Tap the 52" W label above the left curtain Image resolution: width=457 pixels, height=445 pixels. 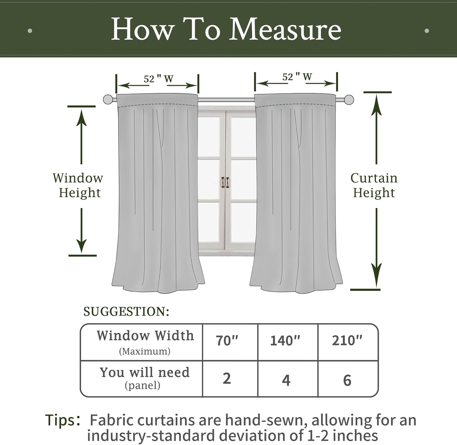point(158,79)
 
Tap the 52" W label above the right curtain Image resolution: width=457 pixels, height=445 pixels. point(297,77)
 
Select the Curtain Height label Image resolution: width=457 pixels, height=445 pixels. point(374,185)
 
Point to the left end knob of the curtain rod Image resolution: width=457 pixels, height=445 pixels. point(108,100)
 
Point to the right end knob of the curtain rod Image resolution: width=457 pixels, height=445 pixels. point(349,100)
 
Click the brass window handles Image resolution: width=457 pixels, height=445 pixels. point(225,182)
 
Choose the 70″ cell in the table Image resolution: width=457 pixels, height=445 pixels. point(227,341)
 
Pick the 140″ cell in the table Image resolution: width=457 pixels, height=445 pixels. point(285,341)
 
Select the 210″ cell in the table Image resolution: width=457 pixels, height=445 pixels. point(347,341)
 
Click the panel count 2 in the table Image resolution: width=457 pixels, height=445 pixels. point(227,379)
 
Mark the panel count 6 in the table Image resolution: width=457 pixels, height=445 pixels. point(347,380)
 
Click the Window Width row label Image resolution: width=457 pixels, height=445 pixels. point(145,336)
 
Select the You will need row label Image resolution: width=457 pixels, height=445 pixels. point(145,373)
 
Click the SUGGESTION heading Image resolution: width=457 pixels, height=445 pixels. point(126,312)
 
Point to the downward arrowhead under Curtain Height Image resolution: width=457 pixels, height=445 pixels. point(377,276)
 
